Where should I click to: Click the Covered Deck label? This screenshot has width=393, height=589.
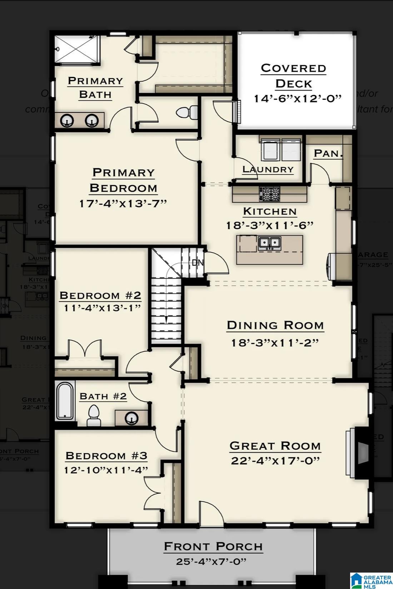click(x=293, y=75)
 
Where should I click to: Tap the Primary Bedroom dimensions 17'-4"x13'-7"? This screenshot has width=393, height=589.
click(x=123, y=203)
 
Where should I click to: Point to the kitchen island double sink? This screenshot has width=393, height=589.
click(x=269, y=243)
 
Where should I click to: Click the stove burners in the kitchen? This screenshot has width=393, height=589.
click(x=270, y=195)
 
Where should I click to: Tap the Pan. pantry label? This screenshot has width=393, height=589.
click(x=328, y=153)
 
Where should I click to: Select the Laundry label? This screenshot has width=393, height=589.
click(x=268, y=169)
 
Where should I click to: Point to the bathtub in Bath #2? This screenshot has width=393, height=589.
click(x=65, y=401)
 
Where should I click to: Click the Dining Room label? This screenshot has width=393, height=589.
click(x=275, y=325)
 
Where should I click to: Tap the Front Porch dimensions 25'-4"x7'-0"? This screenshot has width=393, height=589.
click(x=211, y=562)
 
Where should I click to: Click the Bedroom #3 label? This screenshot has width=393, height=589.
click(x=106, y=456)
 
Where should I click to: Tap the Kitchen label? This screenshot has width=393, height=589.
click(x=270, y=211)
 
